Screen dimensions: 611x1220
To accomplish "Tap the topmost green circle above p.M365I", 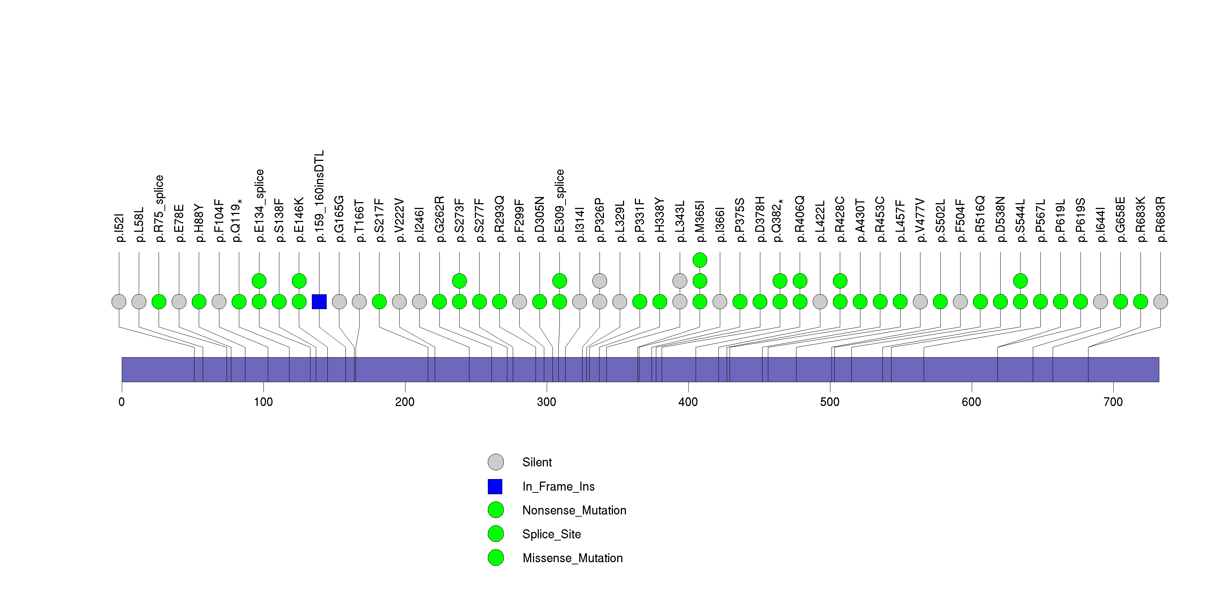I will tap(700, 260).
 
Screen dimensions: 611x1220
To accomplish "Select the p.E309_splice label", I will tap(560, 206).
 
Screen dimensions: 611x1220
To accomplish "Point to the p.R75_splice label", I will tap(159, 208).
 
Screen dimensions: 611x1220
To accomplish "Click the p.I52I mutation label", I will tap(119, 228).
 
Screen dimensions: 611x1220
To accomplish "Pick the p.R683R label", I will tap(1160, 219).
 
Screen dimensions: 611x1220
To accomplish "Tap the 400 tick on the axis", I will tap(688, 402).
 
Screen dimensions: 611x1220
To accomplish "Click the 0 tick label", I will tap(122, 402).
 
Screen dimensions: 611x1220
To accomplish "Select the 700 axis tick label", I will tap(1113, 402).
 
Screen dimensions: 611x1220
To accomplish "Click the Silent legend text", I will tap(537, 462).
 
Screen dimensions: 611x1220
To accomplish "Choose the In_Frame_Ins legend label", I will tap(558, 486).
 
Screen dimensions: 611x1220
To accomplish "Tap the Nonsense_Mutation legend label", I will tap(574, 510).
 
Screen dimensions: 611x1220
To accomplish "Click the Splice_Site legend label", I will tap(551, 534).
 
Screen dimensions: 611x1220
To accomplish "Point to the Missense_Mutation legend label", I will tap(572, 558).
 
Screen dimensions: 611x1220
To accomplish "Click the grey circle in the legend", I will tap(495, 462).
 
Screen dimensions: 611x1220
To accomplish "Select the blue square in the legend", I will tap(495, 486).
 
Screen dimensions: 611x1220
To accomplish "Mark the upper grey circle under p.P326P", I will tap(600, 281).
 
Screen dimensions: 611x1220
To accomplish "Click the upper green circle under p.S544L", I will tap(1020, 281).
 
